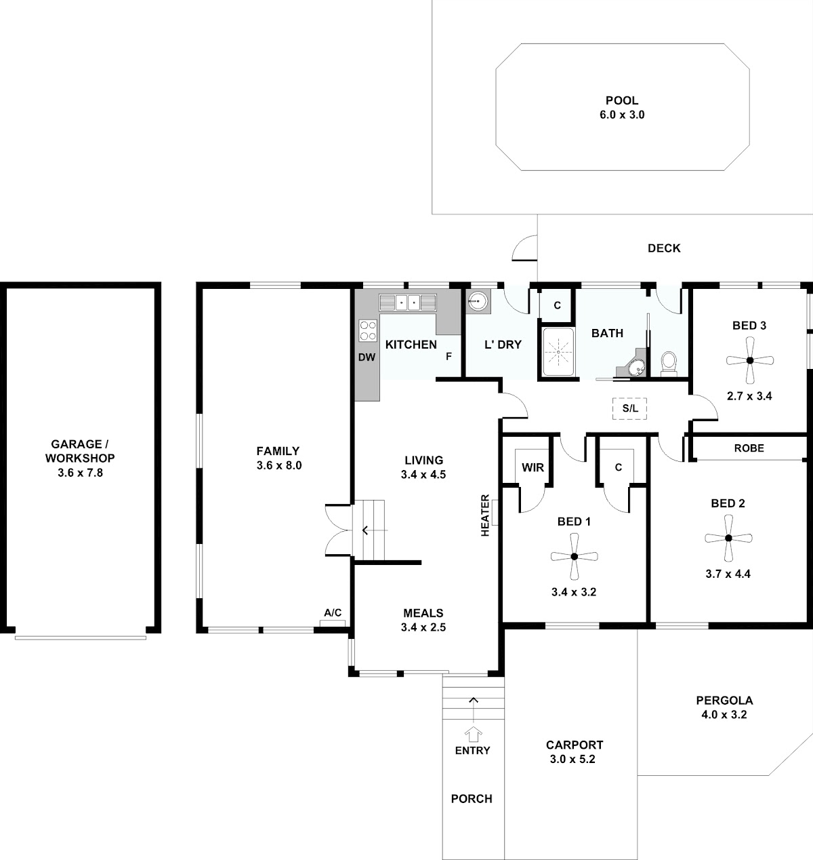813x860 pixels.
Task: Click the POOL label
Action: click(x=622, y=100)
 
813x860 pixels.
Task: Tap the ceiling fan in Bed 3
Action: click(x=749, y=360)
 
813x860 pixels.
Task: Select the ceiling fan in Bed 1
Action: click(x=575, y=556)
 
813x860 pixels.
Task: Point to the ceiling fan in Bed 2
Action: click(x=728, y=538)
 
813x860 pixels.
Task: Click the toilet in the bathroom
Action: click(x=668, y=364)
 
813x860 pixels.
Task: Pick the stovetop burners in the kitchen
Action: click(x=368, y=330)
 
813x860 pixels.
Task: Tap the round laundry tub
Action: click(x=478, y=301)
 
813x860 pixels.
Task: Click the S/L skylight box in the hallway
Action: click(x=629, y=408)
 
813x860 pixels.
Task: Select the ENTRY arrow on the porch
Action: click(x=473, y=735)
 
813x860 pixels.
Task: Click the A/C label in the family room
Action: click(x=333, y=613)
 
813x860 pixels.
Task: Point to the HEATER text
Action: click(x=485, y=515)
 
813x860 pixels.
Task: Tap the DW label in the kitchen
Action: click(x=367, y=357)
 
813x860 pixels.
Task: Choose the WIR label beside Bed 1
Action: click(x=533, y=467)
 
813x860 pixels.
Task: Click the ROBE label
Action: click(x=749, y=448)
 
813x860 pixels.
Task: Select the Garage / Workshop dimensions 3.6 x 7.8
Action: click(x=80, y=473)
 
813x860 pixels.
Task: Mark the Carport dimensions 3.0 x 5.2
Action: click(x=572, y=759)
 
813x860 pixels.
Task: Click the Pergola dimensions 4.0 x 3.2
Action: click(x=724, y=715)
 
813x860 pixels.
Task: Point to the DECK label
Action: click(x=664, y=248)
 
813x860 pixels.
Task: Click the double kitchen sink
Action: click(x=408, y=302)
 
